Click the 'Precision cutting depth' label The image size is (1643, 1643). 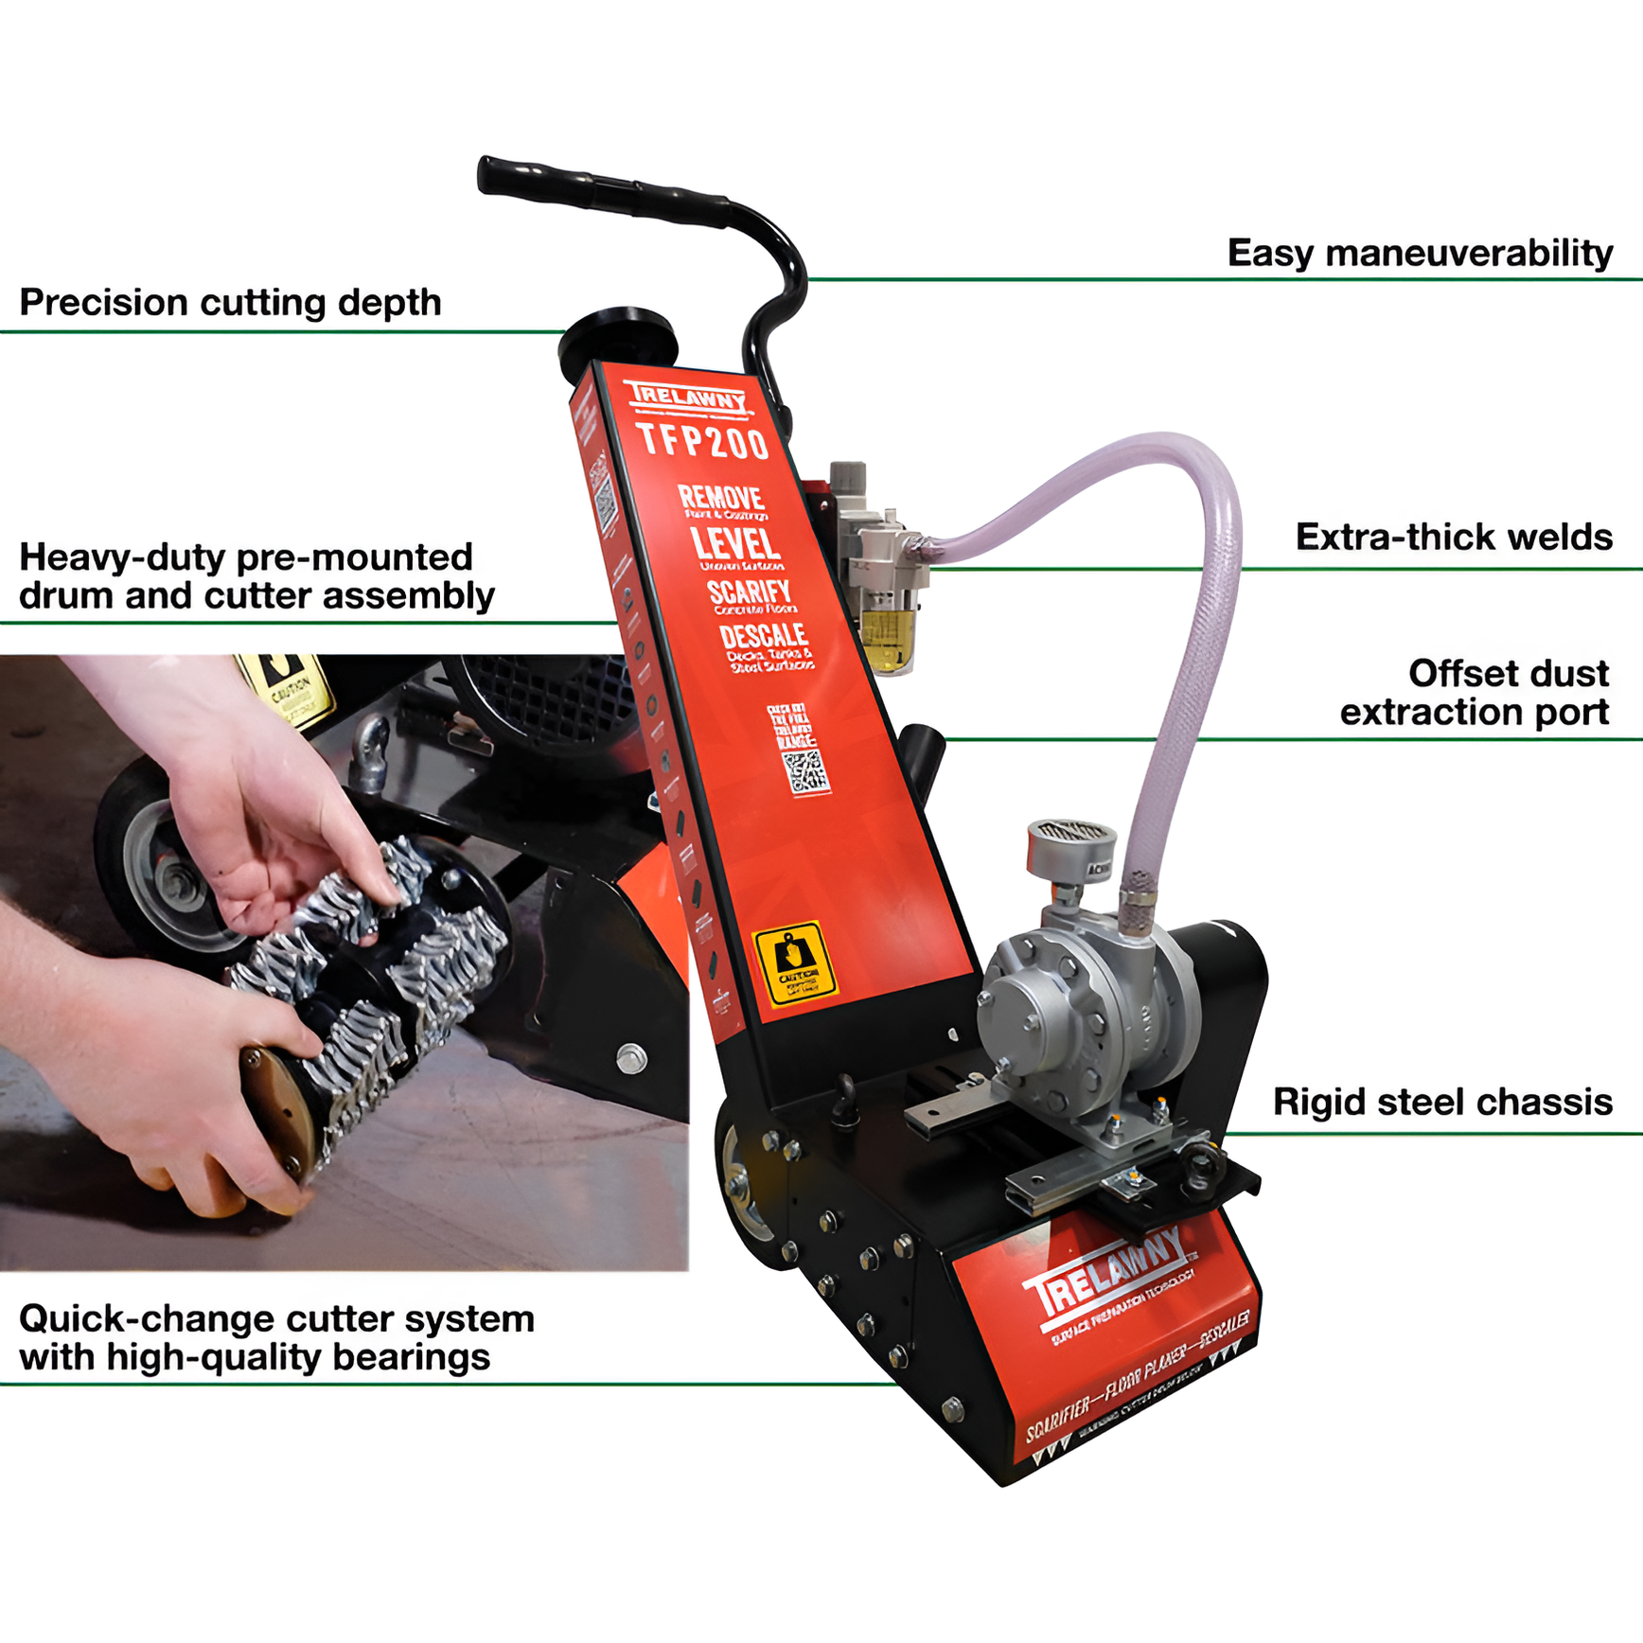230,303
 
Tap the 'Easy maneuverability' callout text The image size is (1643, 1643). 1419,254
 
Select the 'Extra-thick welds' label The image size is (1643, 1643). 1453,537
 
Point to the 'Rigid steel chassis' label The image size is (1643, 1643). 1441,1102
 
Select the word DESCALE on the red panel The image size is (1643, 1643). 763,636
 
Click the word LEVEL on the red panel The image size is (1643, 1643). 735,544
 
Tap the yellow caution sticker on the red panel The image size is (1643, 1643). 794,963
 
